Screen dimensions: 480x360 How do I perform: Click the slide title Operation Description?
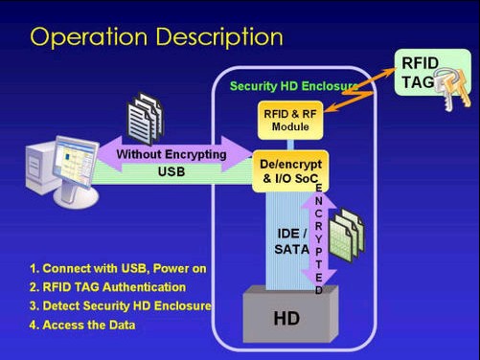156,37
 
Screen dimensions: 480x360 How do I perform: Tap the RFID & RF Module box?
290,121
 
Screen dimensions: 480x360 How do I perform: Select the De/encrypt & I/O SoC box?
290,171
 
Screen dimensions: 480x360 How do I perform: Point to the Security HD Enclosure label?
294,86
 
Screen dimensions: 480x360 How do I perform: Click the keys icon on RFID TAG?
453,88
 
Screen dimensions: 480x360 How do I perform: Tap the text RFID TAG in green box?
420,73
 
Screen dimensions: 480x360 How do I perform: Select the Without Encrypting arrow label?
171,154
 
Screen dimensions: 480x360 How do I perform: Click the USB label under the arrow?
171,172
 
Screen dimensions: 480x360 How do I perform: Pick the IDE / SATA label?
292,241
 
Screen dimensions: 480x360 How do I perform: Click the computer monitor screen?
76,163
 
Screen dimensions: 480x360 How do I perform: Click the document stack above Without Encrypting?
146,118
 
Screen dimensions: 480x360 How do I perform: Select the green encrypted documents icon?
347,235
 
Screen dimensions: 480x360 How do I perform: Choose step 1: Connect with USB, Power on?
118,268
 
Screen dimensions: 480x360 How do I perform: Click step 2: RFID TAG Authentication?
107,287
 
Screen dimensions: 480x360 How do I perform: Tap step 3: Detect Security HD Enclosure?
121,305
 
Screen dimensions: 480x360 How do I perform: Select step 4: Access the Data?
82,325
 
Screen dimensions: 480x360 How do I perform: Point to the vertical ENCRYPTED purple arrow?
319,239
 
